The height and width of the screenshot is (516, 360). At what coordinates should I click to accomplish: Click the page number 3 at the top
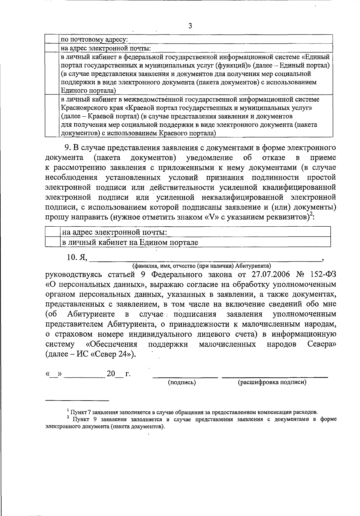pyautogui.click(x=190, y=26)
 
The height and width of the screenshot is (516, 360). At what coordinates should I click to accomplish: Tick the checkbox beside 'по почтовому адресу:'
pyautogui.click(x=52, y=39)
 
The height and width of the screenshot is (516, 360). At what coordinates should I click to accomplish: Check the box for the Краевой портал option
pyautogui.click(x=52, y=116)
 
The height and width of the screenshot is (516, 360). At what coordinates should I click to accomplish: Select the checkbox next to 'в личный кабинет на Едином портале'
pyautogui.click(x=53, y=242)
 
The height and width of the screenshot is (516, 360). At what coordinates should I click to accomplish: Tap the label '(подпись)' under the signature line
pyautogui.click(x=182, y=382)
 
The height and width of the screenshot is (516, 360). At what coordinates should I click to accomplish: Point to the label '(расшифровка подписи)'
pyautogui.click(x=272, y=382)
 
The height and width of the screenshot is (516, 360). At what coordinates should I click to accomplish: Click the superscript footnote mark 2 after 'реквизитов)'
pyautogui.click(x=311, y=214)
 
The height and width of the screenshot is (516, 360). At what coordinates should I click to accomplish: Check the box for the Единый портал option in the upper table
pyautogui.click(x=52, y=73)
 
